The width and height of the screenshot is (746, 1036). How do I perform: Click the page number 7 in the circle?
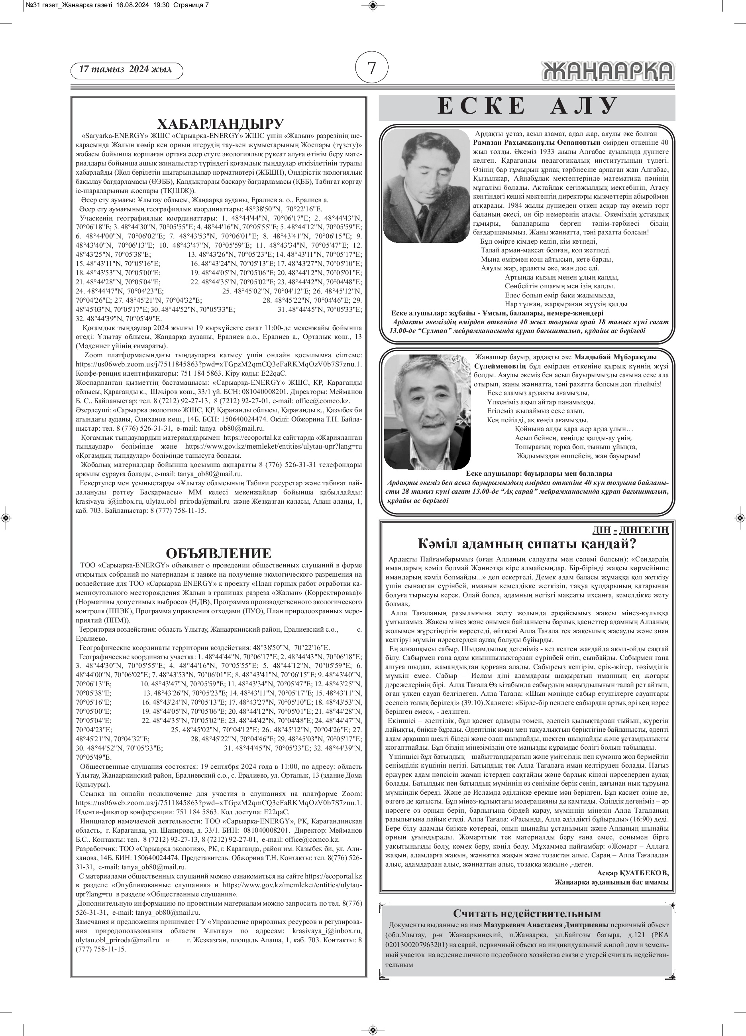click(372, 68)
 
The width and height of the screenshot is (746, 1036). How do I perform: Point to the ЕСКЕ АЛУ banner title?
click(527, 107)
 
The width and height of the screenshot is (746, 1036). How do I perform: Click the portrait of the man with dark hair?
click(426, 185)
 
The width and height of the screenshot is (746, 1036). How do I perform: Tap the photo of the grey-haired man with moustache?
click(427, 411)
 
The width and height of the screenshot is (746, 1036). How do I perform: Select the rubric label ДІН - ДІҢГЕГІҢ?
click(630, 530)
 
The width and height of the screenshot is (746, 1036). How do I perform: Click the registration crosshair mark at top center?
click(373, 6)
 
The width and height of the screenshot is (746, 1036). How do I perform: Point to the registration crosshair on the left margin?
click(6, 518)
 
